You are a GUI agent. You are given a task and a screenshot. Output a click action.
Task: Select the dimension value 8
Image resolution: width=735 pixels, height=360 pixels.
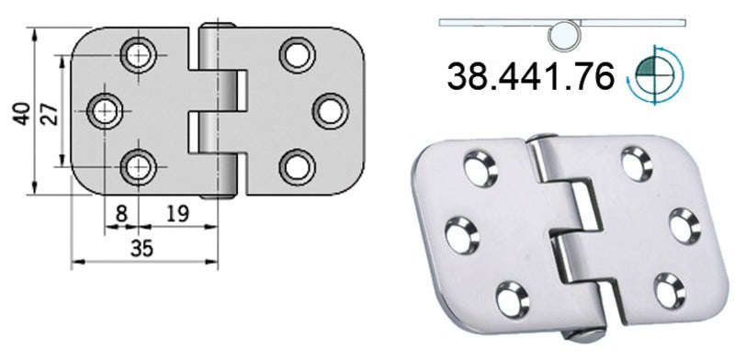pyautogui.click(x=120, y=214)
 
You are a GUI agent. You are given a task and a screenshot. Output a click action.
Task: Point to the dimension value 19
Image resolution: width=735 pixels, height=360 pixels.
pyautogui.click(x=178, y=214)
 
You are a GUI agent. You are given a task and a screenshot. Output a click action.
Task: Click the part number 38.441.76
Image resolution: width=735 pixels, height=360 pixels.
pyautogui.click(x=530, y=77)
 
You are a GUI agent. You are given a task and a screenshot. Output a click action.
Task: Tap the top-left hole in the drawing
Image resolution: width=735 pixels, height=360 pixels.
pyautogui.click(x=140, y=54)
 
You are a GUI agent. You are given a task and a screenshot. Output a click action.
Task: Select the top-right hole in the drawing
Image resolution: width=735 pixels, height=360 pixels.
pyautogui.click(x=296, y=54)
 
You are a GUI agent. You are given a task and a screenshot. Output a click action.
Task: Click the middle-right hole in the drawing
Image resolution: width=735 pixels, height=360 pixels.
pyautogui.click(x=328, y=110)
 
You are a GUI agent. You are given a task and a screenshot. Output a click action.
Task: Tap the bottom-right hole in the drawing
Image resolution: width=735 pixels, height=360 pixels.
pyautogui.click(x=296, y=166)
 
